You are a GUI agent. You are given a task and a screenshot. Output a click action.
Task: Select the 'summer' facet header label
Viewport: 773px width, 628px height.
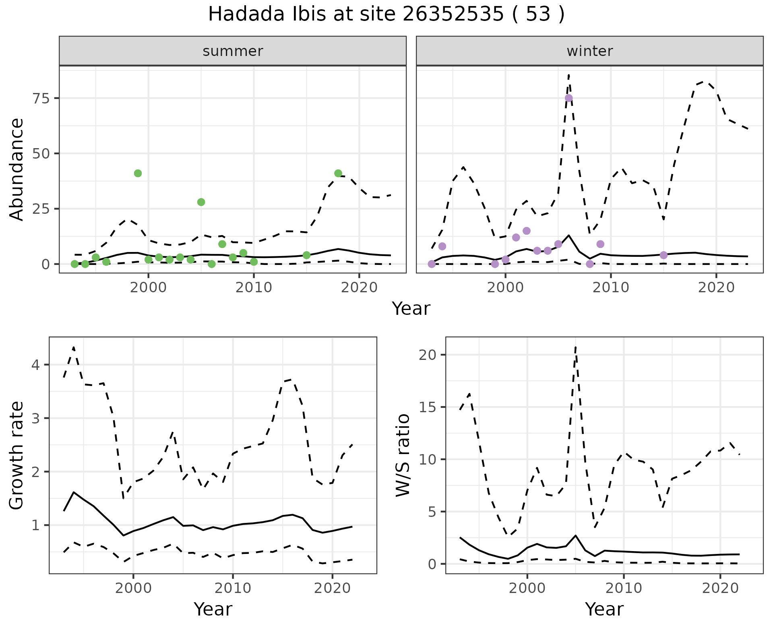233,51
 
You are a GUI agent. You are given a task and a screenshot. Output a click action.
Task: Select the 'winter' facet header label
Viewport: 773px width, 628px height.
589,51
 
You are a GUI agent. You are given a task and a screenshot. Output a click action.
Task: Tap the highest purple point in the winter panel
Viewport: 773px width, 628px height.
568,98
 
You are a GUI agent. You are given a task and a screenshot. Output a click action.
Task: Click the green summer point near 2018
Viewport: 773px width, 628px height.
338,174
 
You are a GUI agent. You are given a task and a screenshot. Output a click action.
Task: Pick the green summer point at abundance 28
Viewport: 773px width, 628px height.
201,202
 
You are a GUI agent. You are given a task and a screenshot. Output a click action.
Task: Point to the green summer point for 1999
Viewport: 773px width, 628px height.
138,174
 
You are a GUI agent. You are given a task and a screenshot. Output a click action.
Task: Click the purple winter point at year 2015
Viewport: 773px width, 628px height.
663,255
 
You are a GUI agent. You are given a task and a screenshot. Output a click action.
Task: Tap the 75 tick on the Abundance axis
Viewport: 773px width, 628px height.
40,99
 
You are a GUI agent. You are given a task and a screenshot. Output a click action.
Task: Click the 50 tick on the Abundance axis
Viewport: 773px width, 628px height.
40,154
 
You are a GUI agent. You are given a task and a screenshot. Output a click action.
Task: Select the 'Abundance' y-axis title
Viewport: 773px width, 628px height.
17,169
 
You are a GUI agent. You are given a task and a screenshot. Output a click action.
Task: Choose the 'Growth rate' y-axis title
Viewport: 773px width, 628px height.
17,456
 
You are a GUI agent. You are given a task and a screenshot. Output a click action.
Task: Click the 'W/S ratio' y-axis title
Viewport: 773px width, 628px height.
403,455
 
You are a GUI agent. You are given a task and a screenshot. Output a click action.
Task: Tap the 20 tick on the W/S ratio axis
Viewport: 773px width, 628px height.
428,355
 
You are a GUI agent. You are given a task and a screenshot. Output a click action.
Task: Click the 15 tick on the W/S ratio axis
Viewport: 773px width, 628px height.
428,407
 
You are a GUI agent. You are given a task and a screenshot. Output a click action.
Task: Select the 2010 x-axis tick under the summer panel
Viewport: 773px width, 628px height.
254,287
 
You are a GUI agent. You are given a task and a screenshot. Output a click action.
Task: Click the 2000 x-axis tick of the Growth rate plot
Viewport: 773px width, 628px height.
133,588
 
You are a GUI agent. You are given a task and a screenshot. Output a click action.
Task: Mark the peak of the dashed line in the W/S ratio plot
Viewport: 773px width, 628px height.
576,347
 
